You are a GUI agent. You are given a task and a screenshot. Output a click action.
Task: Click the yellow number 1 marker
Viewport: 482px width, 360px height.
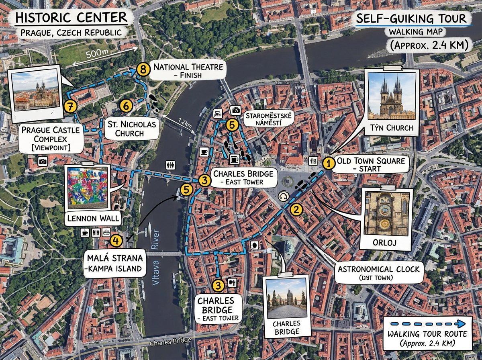tap(329, 163)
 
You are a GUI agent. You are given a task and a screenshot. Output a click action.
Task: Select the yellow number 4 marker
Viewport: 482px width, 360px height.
tap(116, 241)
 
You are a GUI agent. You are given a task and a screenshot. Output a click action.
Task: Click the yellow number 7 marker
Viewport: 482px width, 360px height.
tap(69, 106)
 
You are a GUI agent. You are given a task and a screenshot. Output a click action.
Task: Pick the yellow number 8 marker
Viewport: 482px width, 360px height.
tap(142, 70)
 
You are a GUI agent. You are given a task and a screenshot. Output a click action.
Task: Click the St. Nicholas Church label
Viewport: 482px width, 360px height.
tap(131, 129)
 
